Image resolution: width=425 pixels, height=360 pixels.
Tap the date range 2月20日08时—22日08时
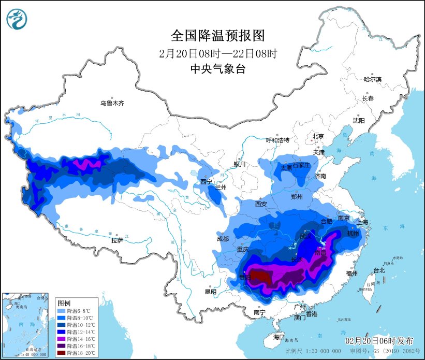pos(217,53)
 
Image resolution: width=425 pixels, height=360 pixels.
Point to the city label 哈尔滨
pos(372,79)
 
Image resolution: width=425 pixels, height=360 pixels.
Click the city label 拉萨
pos(117,240)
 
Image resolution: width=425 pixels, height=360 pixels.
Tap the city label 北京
pos(317,137)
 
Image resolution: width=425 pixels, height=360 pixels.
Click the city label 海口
pos(279,337)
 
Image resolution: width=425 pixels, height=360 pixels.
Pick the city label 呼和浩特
pos(277,140)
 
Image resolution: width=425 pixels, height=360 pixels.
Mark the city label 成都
pos(223,239)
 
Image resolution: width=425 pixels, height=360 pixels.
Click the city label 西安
pos(260,204)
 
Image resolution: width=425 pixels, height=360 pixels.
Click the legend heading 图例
pos(64,302)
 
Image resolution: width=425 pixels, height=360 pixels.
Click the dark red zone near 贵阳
pos(257,276)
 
